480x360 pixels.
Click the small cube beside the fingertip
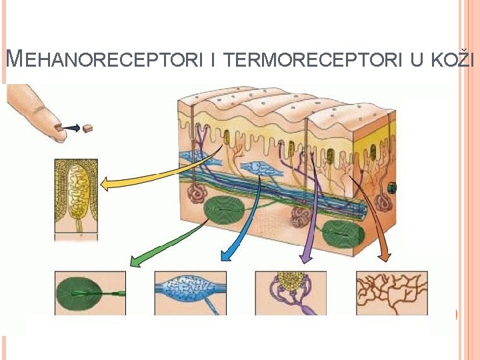tap(87, 127)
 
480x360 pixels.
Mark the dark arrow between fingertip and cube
tap(71, 127)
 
